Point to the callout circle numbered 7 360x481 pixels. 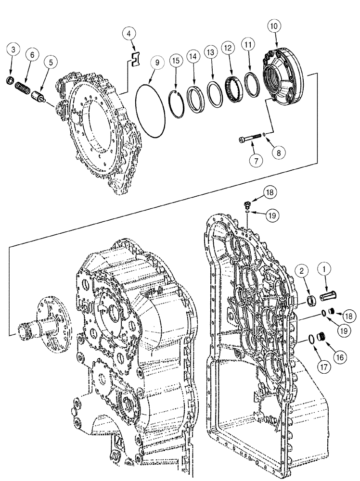[x=256, y=161]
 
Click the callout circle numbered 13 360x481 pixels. [x=210, y=52]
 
